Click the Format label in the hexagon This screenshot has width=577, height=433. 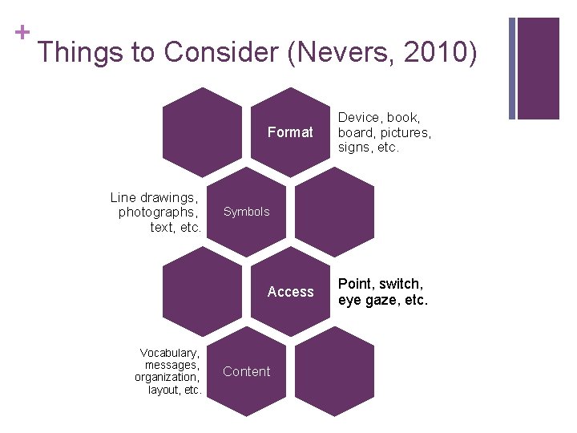point(290,132)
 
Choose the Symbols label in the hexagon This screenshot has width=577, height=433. point(246,212)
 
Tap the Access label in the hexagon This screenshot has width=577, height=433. point(290,292)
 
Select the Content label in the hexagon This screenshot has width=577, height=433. point(246,371)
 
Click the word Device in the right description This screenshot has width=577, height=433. point(360,118)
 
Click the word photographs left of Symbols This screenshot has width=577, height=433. point(157,212)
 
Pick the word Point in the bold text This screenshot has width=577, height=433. point(356,284)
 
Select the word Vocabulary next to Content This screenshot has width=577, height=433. point(168,353)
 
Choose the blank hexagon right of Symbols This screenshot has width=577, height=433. point(334,212)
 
